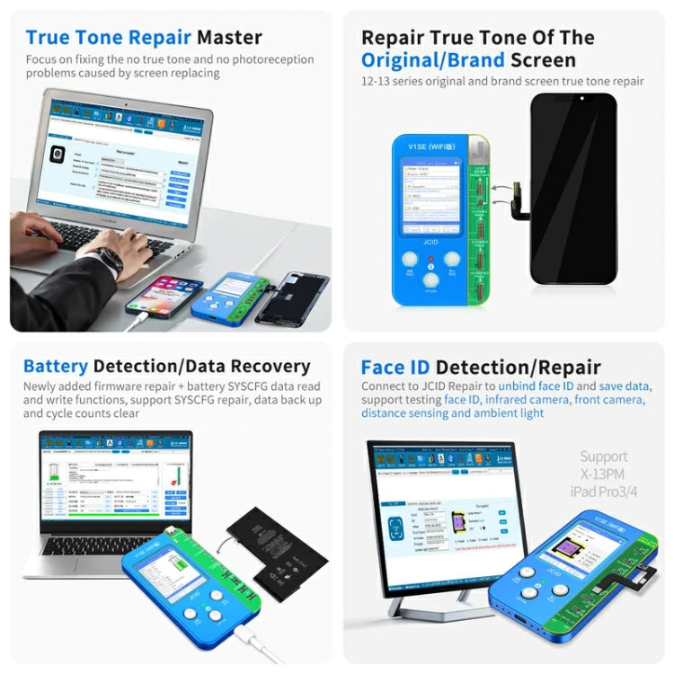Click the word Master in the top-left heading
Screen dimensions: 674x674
229,38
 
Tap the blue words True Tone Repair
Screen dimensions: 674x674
108,38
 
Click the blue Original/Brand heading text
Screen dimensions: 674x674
432,60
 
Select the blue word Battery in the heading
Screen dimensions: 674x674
56,366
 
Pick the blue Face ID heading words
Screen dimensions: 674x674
395,367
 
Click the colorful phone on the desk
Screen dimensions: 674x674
164,296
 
